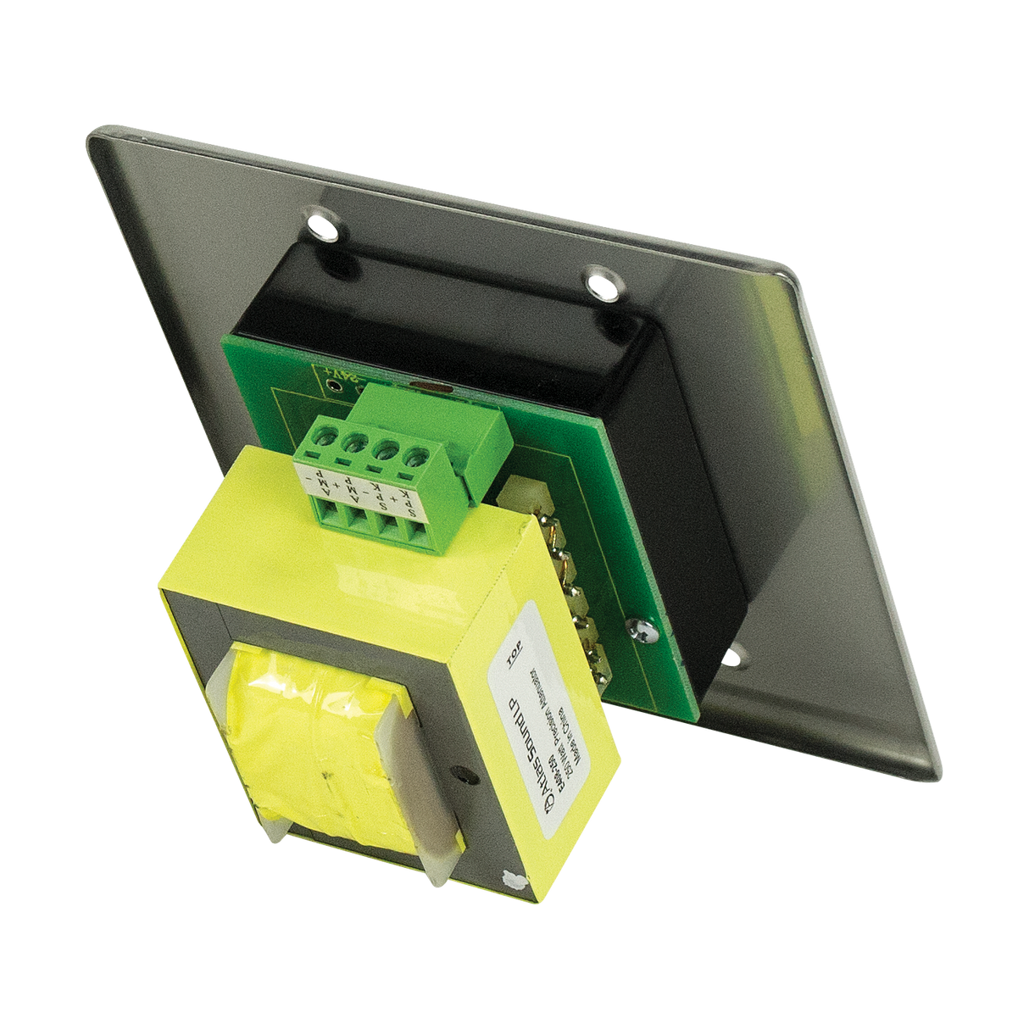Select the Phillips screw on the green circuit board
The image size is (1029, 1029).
[638, 626]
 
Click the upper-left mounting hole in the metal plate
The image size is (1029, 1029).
[321, 225]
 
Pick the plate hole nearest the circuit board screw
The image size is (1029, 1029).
[734, 654]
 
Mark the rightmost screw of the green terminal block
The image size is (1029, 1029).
[415, 459]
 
